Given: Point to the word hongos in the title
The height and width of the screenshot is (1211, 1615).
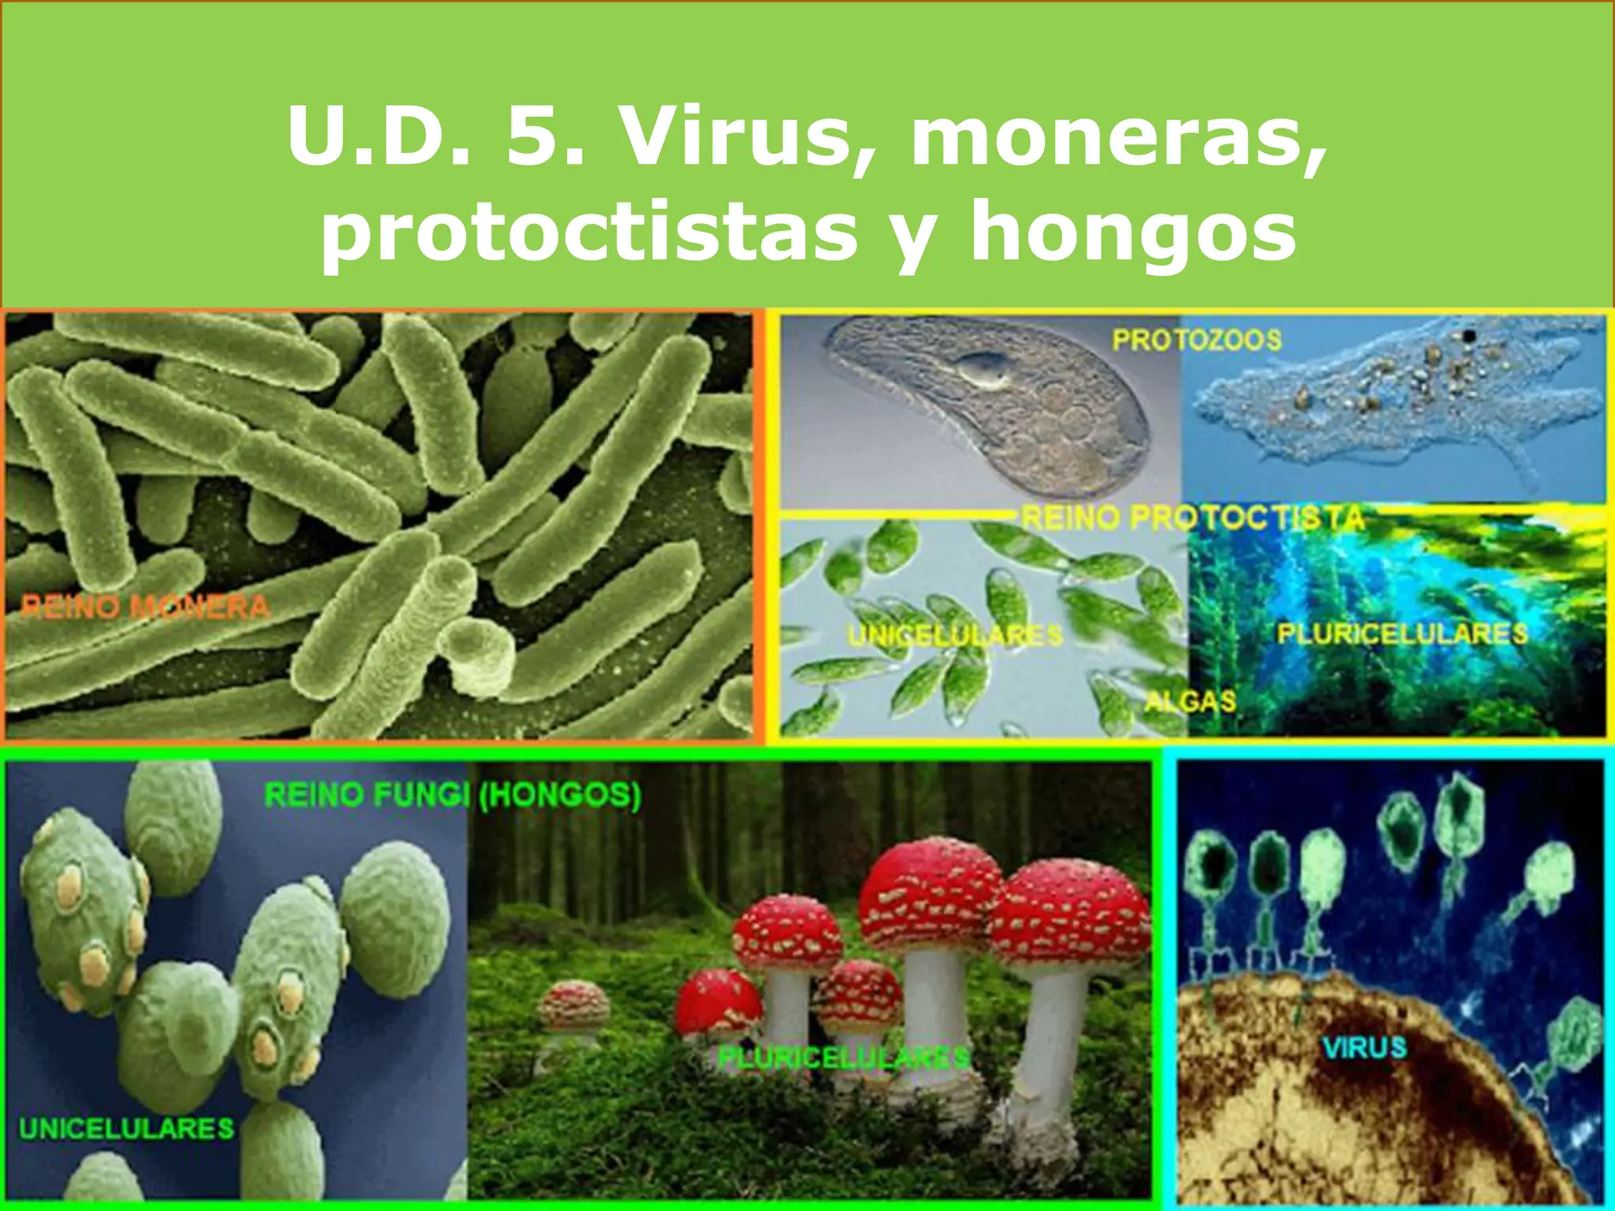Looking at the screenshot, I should coord(1132,233).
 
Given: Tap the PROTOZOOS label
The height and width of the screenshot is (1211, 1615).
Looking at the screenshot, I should coord(1196,340).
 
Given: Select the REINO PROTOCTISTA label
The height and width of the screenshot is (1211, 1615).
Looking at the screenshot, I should coord(1192,518).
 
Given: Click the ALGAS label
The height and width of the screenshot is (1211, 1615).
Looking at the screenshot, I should coord(1190,701).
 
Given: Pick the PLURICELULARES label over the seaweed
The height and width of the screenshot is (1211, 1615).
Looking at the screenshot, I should coord(1402,633).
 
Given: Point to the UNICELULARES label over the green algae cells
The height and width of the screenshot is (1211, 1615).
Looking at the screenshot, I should coord(955,635).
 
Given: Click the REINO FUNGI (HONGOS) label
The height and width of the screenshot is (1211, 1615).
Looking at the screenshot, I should coord(453,795).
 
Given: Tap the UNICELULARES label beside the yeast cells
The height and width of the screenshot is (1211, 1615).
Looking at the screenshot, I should coord(126,1128).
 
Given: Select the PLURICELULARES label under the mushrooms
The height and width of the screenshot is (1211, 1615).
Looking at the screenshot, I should coord(842,1057).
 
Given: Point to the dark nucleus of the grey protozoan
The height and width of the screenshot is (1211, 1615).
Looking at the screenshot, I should coord(982,368).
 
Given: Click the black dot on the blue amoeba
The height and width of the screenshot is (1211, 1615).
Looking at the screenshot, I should coord(1469,337).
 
